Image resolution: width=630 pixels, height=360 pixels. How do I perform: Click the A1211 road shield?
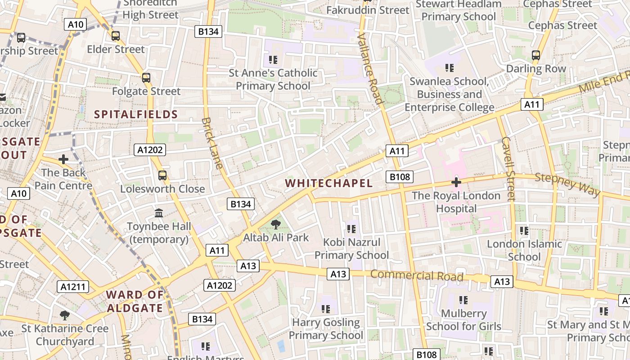coord(73,287)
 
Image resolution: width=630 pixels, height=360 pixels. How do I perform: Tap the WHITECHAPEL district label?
coord(329,183)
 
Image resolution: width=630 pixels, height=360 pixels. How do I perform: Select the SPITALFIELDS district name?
coord(136,114)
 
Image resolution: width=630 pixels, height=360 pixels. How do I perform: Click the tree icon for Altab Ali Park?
coord(276,224)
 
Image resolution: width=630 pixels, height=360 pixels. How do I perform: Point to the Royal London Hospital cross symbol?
coord(456,182)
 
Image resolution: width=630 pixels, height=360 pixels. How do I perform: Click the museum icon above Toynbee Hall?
coord(159,213)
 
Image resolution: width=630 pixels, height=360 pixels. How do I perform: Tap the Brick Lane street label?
coord(212,143)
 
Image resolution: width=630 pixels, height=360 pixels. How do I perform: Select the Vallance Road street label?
coord(370,68)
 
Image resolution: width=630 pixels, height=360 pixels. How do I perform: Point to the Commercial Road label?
coord(417,275)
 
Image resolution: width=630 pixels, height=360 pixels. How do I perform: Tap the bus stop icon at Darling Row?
coord(535,55)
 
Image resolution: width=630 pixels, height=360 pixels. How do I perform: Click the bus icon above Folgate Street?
coord(146,78)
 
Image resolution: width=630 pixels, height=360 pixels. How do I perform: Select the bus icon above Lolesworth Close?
coord(162,175)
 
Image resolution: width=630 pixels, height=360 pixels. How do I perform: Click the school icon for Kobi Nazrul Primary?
coord(351,229)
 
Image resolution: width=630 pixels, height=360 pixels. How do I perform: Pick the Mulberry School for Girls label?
coord(463,319)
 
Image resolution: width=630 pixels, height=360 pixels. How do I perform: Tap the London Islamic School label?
coord(524,250)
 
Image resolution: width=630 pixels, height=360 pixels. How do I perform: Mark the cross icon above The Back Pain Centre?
coord(63,159)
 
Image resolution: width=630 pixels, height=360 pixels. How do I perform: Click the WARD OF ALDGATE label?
coord(135,301)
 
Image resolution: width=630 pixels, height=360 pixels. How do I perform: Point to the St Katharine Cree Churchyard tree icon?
coord(65,315)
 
